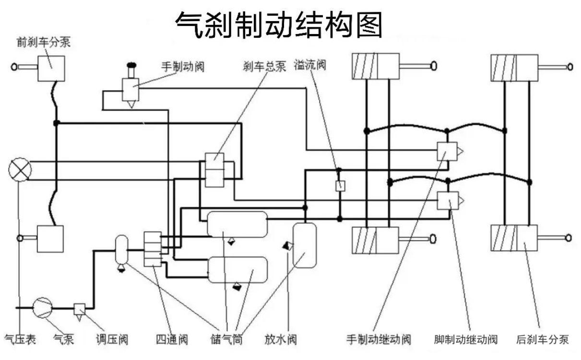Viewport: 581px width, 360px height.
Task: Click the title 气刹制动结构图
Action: coord(279,25)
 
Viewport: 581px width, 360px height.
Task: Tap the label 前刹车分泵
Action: coord(44,42)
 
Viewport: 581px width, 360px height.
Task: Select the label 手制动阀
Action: coord(183,67)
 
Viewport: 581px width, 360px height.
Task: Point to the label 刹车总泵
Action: coord(264,66)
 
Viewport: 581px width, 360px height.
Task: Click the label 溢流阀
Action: coord(310,65)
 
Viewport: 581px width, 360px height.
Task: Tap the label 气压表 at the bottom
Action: coord(20,339)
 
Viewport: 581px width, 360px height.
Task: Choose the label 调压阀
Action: coord(112,339)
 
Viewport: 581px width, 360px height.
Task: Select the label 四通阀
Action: coord(172,339)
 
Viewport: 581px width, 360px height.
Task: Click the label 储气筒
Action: coord(226,339)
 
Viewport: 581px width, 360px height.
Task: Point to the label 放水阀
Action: coord(280,339)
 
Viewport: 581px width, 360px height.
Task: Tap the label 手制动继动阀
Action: coord(379,339)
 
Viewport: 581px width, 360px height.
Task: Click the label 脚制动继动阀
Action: coord(466,339)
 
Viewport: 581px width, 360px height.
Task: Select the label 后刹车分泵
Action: coord(542,339)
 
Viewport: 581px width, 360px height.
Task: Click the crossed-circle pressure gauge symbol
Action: coord(20,170)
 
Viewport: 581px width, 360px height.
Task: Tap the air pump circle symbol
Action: coord(43,308)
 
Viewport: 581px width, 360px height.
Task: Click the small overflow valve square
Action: coord(340,186)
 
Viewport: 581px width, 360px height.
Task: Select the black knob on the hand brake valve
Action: coord(131,65)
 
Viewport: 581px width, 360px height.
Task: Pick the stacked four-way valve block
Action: coord(153,249)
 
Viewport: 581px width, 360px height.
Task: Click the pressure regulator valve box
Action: coord(80,309)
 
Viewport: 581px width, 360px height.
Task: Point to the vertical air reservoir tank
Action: coord(305,245)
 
